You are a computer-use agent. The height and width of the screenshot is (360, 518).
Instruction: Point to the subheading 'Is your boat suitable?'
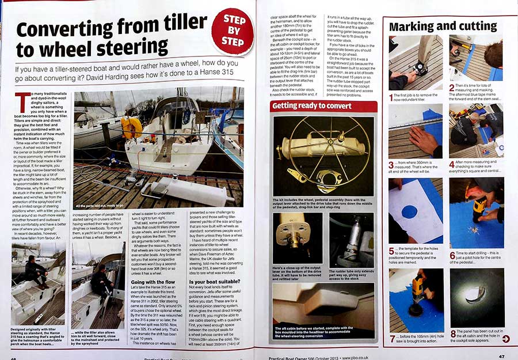click(214, 282)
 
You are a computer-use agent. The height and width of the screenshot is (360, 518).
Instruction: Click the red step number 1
click(391, 97)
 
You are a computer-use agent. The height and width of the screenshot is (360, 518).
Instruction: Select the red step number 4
click(451, 164)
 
